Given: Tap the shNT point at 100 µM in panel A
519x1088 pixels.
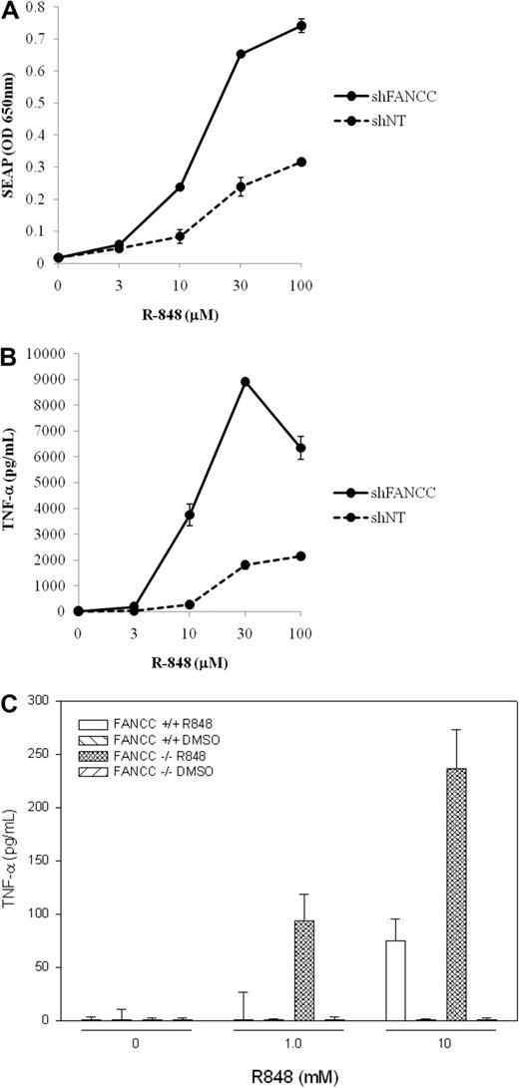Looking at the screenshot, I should [299, 162].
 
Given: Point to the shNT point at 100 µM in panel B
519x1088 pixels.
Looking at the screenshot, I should [299, 555].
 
